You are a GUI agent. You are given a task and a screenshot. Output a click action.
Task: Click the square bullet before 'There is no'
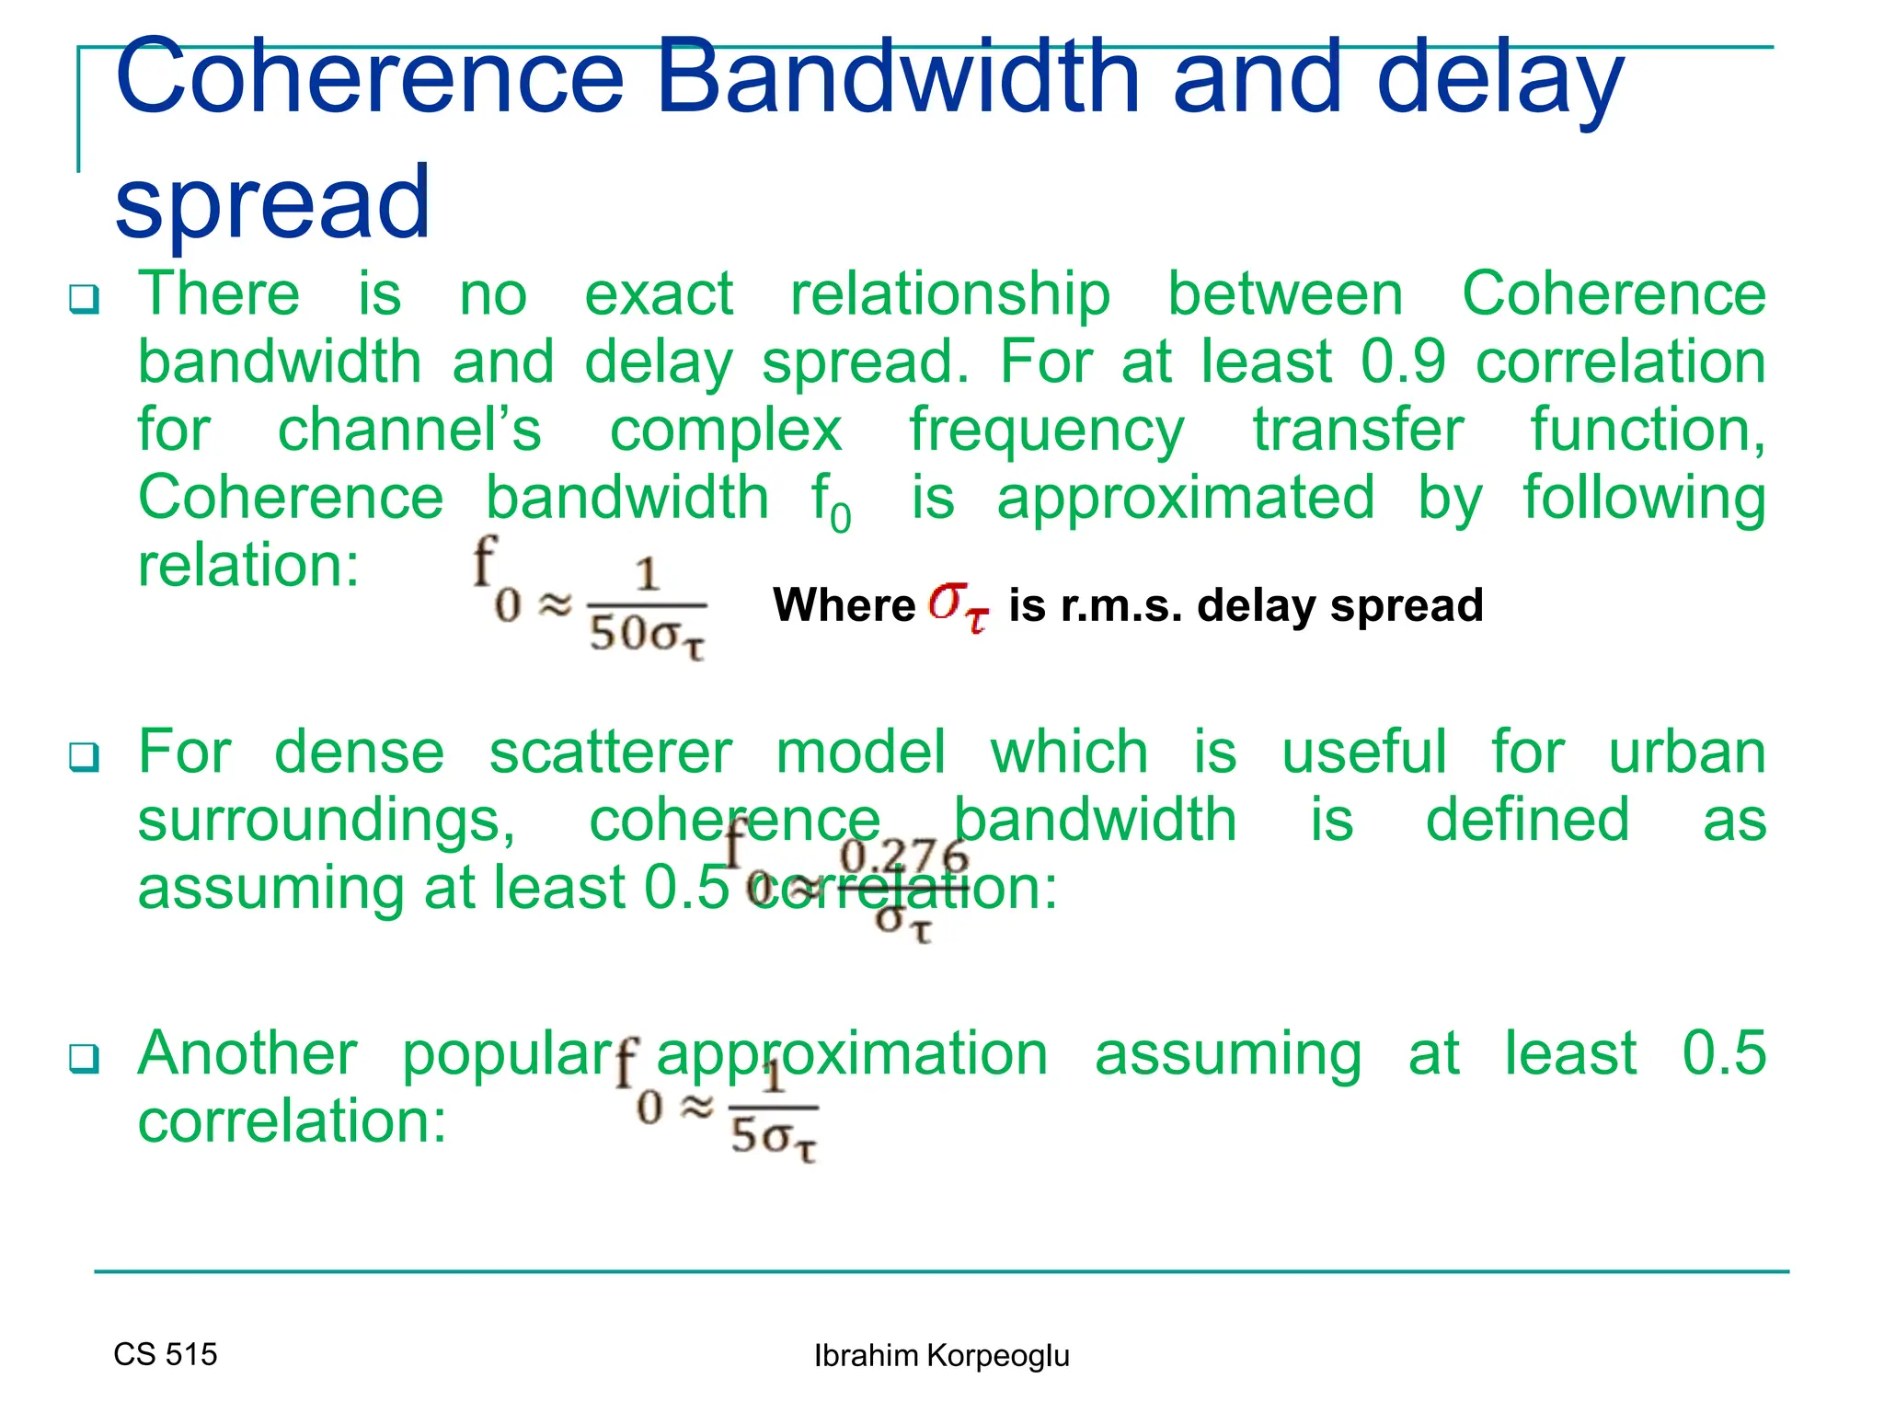[x=84, y=300]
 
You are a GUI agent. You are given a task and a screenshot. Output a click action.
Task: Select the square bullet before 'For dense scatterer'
[x=84, y=758]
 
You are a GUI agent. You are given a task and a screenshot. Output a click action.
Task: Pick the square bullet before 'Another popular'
[x=84, y=1059]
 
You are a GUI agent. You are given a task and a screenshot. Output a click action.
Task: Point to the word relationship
[x=950, y=294]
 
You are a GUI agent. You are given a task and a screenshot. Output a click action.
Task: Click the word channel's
[x=409, y=430]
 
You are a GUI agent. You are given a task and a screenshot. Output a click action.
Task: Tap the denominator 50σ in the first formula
[x=646, y=635]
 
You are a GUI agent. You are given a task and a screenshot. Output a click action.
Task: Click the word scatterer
[x=610, y=752]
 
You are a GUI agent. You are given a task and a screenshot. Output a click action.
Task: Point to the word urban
[x=1686, y=752]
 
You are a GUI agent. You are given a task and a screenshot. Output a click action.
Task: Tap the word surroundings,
[x=327, y=821]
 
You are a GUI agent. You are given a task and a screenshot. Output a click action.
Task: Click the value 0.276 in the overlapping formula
[x=904, y=857]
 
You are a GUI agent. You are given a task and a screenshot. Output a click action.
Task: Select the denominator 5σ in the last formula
[x=773, y=1139]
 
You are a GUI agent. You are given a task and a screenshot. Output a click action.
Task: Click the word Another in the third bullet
[x=247, y=1053]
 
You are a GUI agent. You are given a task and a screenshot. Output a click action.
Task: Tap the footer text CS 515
[x=166, y=1354]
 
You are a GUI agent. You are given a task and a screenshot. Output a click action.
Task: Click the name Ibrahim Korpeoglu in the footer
[x=941, y=1356]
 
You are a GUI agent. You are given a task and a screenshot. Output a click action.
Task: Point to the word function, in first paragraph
[x=1647, y=430]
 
